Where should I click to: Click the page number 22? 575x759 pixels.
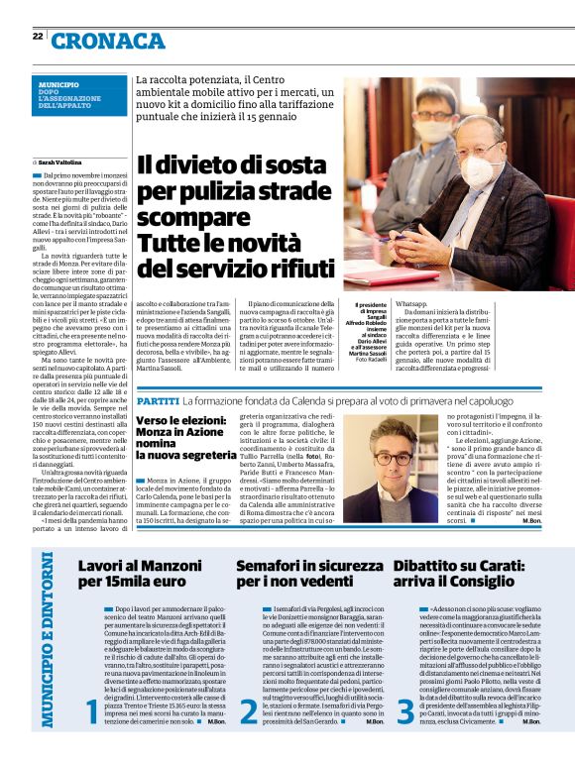tap(37, 37)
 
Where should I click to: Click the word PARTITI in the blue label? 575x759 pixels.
tap(158, 373)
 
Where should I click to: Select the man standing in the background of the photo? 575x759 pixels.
tap(434, 124)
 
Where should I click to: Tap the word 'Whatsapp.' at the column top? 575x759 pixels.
tap(411, 303)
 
